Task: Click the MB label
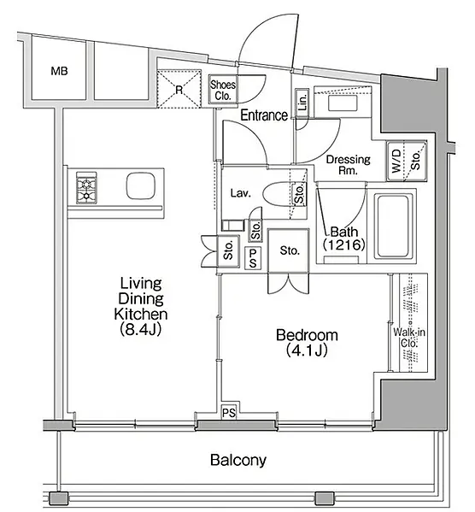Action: tap(60, 71)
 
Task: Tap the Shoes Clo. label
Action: tap(223, 90)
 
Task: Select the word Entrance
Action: tap(264, 115)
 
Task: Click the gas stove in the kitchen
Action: tap(86, 188)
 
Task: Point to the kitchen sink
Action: tap(140, 185)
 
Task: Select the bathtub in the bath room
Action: tap(393, 226)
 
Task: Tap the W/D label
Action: tap(396, 161)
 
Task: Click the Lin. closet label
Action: tap(302, 103)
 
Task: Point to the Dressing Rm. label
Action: tap(349, 165)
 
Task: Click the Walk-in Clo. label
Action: tap(409, 338)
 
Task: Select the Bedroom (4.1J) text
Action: tap(307, 343)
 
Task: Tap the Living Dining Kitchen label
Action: tap(141, 298)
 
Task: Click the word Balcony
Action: tap(238, 461)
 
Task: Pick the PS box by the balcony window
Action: tap(229, 413)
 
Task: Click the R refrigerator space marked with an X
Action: tap(179, 89)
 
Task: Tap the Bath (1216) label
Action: tap(344, 238)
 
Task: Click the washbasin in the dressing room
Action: tap(343, 103)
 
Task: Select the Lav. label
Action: tap(241, 193)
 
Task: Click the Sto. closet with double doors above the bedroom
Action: tap(288, 250)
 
